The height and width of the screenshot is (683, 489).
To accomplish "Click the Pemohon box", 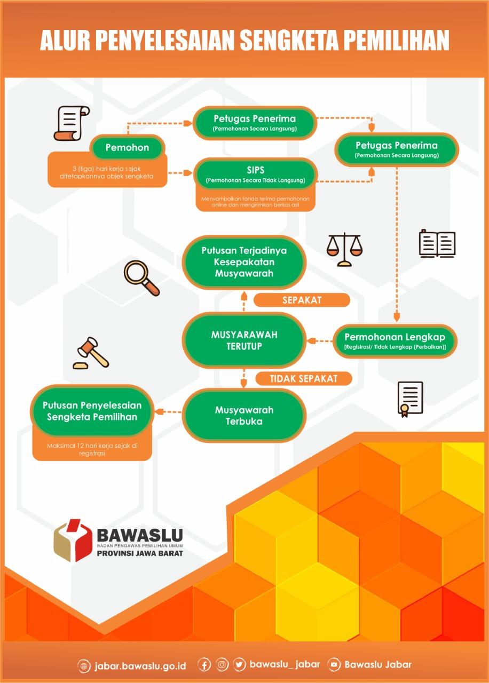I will point(127,147).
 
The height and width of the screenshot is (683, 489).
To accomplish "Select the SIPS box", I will point(255,174).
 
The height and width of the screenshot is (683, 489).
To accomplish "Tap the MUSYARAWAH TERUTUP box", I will point(244,340).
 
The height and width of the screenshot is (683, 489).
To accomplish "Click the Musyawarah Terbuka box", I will point(244,416).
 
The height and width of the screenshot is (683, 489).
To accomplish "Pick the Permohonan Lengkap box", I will point(395,341).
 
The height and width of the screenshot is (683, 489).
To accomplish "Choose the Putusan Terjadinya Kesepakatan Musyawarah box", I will point(244,262).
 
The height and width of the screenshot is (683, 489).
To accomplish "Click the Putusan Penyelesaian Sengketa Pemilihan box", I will point(92,411).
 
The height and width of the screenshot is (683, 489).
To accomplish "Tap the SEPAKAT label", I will point(302,300).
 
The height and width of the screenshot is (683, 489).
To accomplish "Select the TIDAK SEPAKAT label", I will point(303,378).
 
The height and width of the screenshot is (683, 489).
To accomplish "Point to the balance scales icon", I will point(344,249).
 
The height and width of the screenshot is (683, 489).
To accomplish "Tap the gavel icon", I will point(91,353).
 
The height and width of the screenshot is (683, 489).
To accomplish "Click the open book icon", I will point(437,243).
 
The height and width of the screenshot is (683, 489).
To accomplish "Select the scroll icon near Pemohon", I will point(71,123).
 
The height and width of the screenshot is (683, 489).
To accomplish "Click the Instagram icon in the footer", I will point(222,665).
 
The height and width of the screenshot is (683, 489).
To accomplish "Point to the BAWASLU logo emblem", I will point(73,540).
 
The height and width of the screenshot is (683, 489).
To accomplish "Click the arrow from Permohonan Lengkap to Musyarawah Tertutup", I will point(320,340).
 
